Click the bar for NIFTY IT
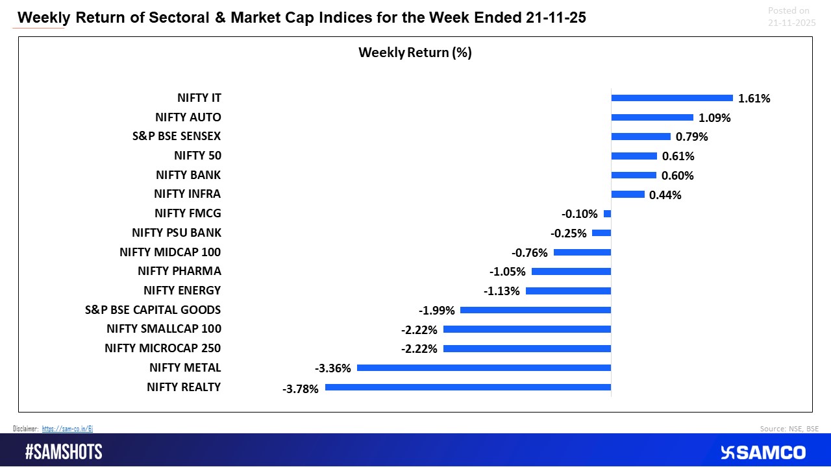[672, 98]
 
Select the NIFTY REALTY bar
[468, 387]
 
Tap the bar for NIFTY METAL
[484, 368]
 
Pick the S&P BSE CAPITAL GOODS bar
[536, 310]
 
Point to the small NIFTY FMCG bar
[608, 213]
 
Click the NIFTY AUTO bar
[652, 117]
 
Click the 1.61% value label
[754, 99]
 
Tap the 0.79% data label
[692, 137]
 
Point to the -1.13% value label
[502, 291]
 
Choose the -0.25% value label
[569, 233]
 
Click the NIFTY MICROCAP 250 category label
[163, 348]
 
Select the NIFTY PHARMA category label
[179, 271]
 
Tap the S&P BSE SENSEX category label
[177, 136]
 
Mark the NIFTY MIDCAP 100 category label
[170, 252]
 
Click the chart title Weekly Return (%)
[415, 53]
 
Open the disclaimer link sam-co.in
[68, 429]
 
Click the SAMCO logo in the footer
[763, 452]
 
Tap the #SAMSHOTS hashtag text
[64, 452]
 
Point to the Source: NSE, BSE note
[789, 429]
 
